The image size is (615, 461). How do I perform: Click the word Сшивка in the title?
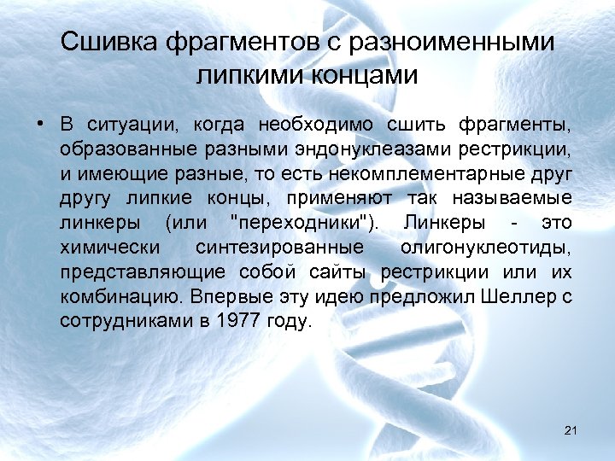point(111,42)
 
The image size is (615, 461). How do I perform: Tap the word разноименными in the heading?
point(460,42)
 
